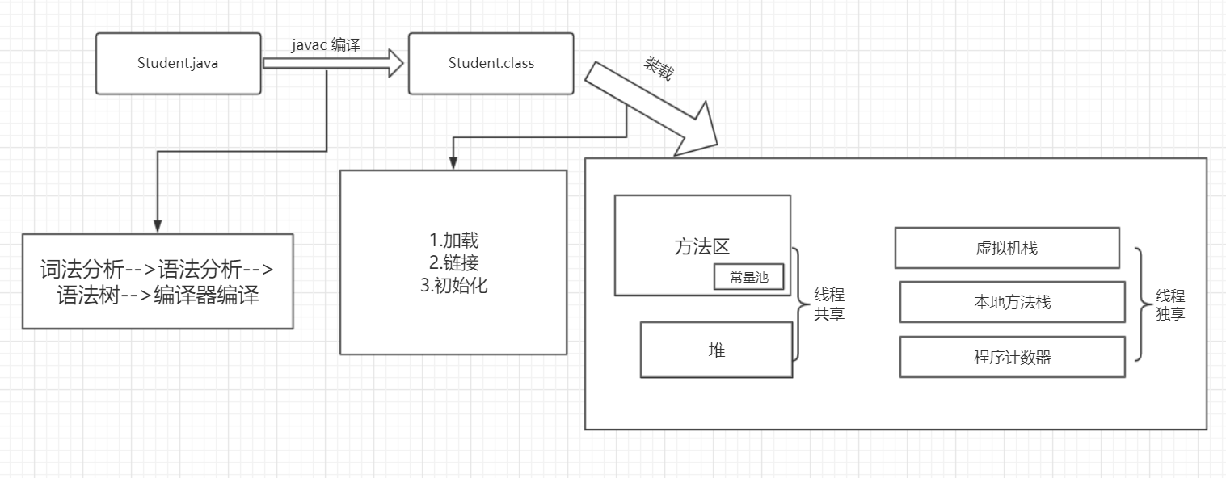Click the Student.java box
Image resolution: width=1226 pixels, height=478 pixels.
point(178,63)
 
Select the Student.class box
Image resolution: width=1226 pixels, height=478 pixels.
point(491,63)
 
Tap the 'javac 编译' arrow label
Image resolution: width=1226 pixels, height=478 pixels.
point(326,46)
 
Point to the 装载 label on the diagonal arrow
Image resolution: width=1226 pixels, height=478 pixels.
point(658,69)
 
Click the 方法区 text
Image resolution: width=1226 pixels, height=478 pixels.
point(701,246)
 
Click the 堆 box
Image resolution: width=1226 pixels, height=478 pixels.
point(716,350)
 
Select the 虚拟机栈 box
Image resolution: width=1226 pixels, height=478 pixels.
point(1006,248)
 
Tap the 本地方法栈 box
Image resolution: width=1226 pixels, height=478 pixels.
point(1012,302)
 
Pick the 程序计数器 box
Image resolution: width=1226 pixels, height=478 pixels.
point(1012,357)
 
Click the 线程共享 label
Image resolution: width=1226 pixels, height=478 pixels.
point(829,305)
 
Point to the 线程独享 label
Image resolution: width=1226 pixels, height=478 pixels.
point(1170,305)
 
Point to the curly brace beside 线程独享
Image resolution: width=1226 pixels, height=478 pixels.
point(1140,304)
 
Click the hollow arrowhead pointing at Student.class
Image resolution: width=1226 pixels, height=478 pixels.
point(394,63)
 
